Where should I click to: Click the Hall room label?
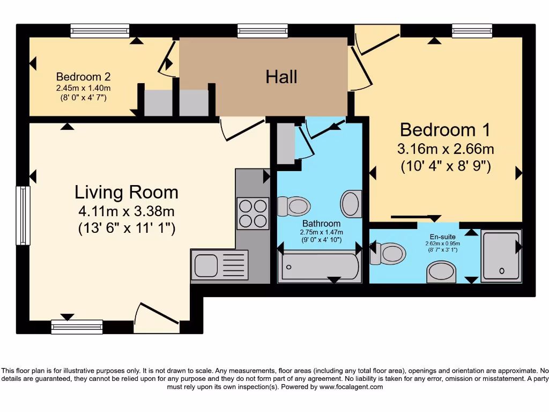click(281, 77)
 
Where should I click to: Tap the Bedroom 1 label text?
click(445, 130)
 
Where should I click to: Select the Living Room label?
click(126, 192)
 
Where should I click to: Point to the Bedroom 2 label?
click(83, 77)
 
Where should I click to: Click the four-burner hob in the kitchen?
click(253, 213)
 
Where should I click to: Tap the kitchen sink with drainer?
click(219, 265)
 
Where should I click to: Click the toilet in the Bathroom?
click(294, 205)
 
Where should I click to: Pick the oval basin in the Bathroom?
click(351, 204)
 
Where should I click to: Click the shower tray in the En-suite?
click(501, 256)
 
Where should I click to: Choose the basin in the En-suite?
click(441, 271)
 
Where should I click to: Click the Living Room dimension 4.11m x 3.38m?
click(126, 211)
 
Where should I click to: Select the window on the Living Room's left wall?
click(23, 215)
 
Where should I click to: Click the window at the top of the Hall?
click(255, 31)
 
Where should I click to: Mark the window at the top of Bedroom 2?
click(100, 31)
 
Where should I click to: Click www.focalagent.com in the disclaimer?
click(351, 387)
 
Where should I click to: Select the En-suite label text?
click(442, 237)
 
